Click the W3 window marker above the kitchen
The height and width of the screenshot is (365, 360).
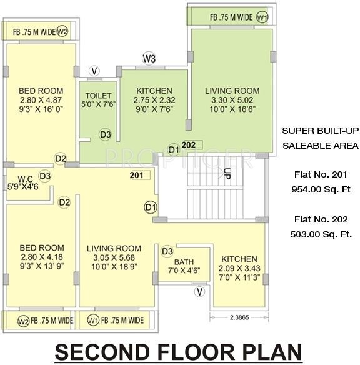tap(149, 59)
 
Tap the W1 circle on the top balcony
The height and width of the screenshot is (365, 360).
tap(262, 17)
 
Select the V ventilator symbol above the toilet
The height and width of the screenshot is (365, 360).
tap(94, 71)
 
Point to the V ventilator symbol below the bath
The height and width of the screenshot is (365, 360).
tap(199, 291)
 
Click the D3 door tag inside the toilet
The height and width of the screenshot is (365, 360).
tap(106, 134)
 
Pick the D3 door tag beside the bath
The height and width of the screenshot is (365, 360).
tap(167, 252)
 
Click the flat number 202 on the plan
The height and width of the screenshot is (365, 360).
tap(189, 145)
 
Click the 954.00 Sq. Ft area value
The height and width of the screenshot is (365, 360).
tap(320, 189)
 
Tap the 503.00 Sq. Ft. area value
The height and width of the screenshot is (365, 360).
tap(320, 235)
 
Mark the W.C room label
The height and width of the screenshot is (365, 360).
tap(24, 177)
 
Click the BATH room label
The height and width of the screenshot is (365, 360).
tap(184, 262)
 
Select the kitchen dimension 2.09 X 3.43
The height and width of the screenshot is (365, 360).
tap(239, 269)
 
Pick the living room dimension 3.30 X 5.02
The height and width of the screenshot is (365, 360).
tap(232, 99)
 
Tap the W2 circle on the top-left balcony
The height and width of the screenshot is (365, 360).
tap(62, 30)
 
